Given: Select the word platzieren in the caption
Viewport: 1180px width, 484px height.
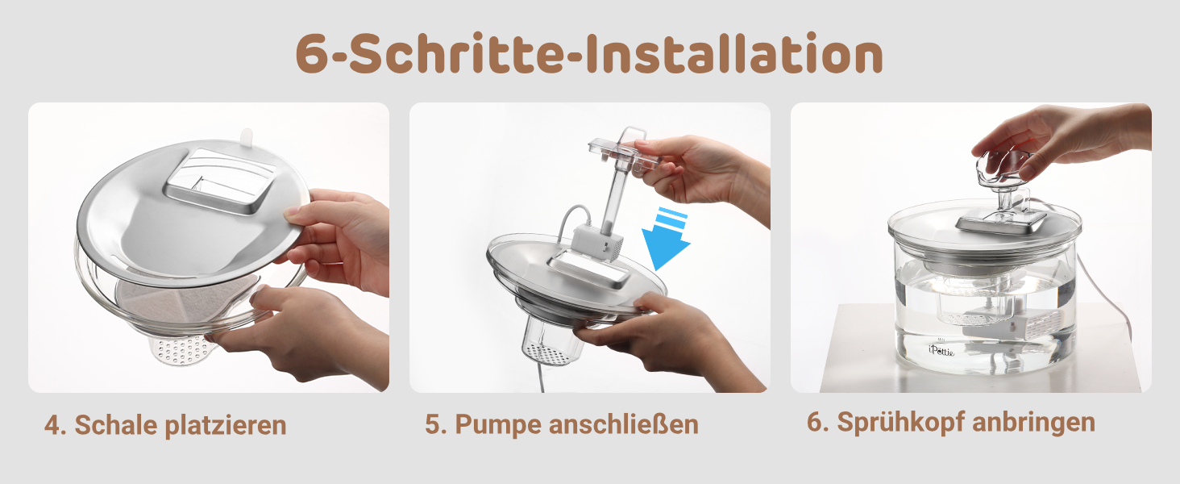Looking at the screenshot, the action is pyautogui.click(x=226, y=426).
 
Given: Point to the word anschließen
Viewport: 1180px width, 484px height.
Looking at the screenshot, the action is pyautogui.click(x=623, y=423).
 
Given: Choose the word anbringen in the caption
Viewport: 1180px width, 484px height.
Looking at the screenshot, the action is pyautogui.click(x=1033, y=423).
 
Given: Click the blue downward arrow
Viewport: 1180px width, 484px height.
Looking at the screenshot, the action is pyautogui.click(x=665, y=239).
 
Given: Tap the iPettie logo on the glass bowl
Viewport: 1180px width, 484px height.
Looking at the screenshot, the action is pyautogui.click(x=941, y=349).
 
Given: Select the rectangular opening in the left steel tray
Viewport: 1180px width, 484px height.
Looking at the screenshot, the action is pyautogui.click(x=220, y=181).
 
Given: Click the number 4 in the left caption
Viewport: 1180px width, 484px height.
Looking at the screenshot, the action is pyautogui.click(x=52, y=426).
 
